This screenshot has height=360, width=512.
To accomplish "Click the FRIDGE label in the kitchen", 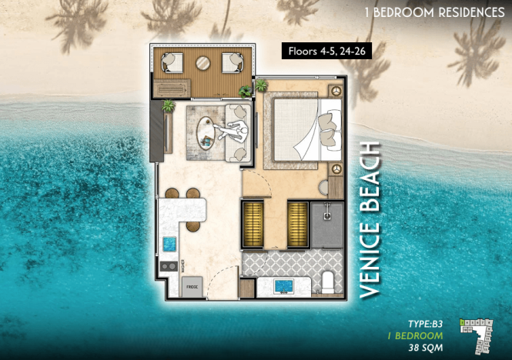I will [x=192, y=286].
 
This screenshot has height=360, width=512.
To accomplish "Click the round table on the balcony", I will [x=202, y=64].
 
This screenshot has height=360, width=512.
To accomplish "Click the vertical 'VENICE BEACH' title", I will [x=371, y=220].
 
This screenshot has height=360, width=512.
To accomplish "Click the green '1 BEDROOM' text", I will [x=416, y=335].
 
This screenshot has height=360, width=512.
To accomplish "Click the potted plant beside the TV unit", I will [x=168, y=105].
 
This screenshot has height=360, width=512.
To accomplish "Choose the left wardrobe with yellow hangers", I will [x=254, y=224].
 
